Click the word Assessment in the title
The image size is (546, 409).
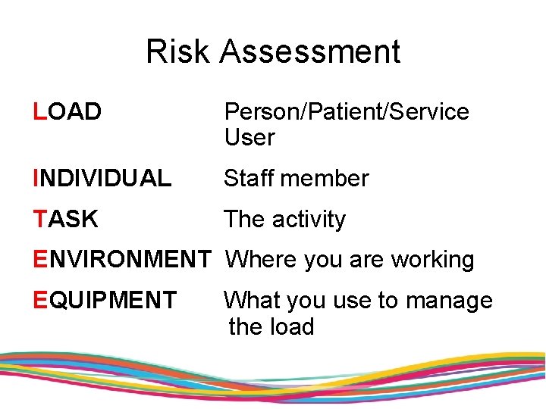coord(310,52)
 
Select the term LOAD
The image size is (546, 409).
coord(67,112)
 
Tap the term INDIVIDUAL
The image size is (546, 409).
coord(102,179)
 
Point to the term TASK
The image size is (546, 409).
coord(66,220)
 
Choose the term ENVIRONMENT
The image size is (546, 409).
coord(121,260)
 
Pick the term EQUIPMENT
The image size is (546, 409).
coord(105,301)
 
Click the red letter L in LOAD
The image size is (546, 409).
coord(39,112)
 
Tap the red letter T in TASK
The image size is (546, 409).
coord(40,220)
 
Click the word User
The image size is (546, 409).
coord(249,138)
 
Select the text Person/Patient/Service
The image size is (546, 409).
coord(347,112)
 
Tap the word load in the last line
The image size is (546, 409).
coord(292,327)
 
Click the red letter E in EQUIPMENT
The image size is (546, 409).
coord(40,301)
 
